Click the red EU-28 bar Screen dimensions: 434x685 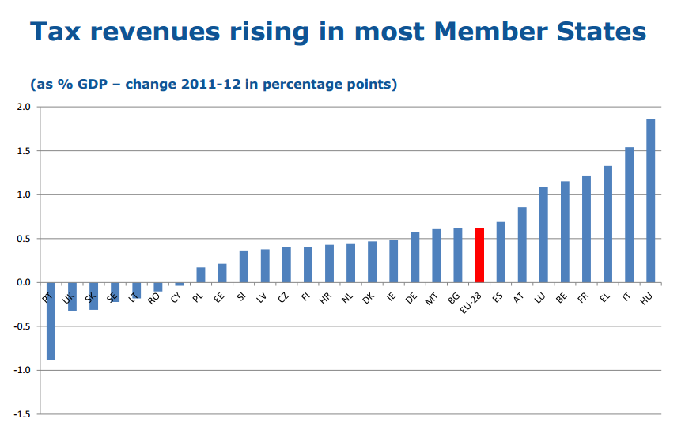point(479,255)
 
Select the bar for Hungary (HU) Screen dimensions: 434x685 point(650,201)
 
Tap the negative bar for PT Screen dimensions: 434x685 point(51,321)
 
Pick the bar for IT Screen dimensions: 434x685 point(629,214)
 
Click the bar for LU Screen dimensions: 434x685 point(543,234)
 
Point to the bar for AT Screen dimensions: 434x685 point(522,244)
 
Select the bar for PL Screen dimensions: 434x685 point(201,275)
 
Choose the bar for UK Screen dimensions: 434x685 point(72,296)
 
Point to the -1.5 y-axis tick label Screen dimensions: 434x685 point(21,414)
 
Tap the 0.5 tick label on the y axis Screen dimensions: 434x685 point(22,239)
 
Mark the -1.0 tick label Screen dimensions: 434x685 point(21,370)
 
